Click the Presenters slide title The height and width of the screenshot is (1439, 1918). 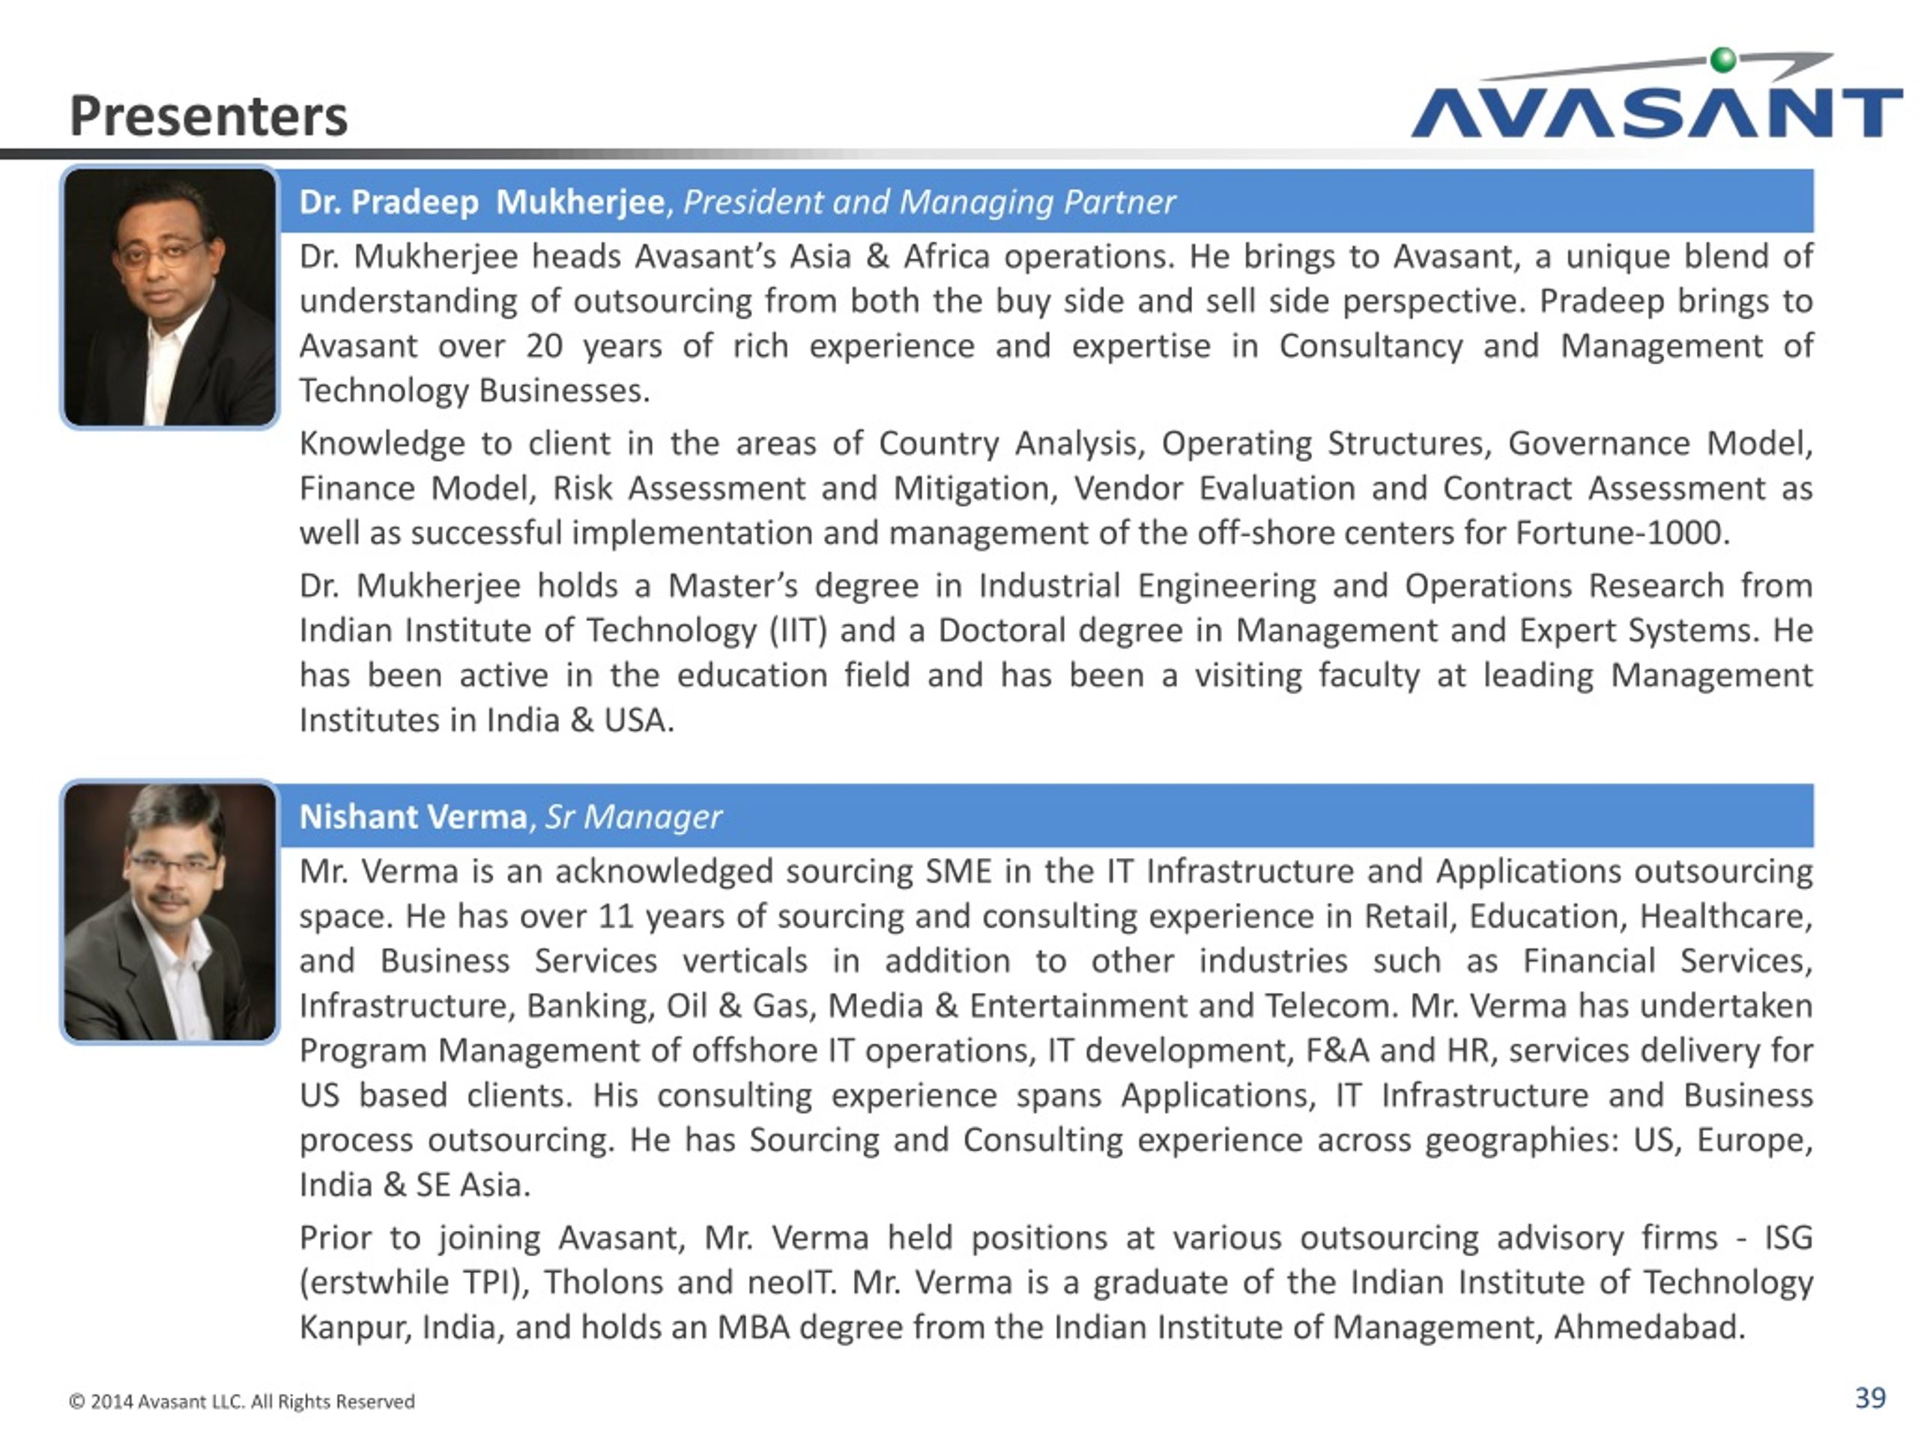coord(208,116)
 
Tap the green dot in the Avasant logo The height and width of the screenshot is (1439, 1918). coord(1724,60)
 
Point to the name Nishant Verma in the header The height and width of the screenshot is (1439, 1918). coord(413,817)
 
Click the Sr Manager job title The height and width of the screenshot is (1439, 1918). coord(634,817)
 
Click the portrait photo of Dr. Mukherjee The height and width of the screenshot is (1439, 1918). coord(170,298)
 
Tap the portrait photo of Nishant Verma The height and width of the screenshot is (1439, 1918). coord(170,911)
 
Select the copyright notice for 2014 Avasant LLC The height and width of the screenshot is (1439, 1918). coord(242,1402)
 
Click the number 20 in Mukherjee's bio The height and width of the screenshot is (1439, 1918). coord(544,346)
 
